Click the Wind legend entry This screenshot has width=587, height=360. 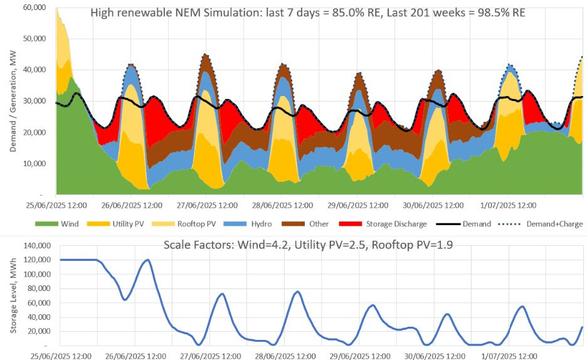pyautogui.click(x=61, y=224)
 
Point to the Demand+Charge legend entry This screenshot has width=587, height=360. pyautogui.click(x=553, y=224)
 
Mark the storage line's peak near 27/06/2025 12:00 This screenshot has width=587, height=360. pyautogui.click(x=221, y=294)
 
